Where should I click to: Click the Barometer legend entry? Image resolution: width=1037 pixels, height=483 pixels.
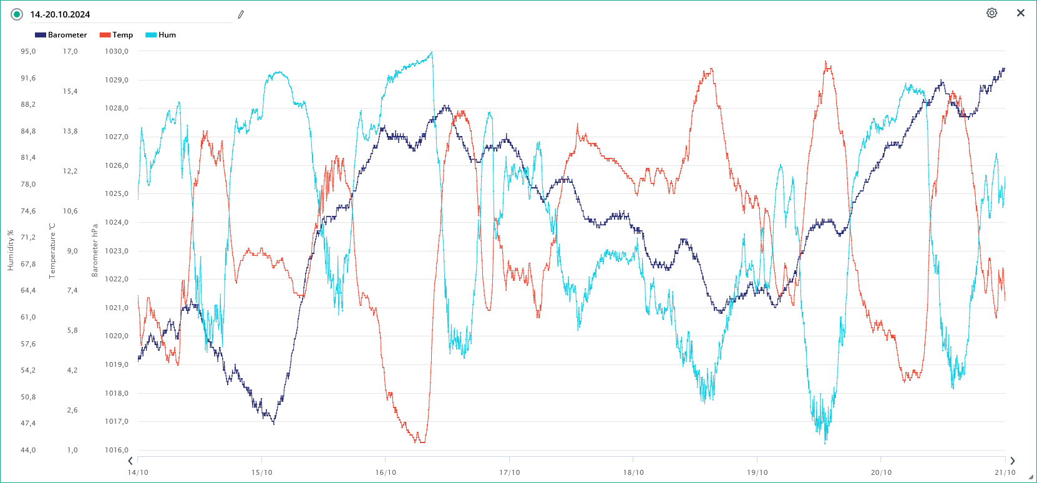point(61,35)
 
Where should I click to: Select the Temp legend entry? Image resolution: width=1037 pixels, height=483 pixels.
point(117,35)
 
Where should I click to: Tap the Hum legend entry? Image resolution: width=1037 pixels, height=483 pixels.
point(161,35)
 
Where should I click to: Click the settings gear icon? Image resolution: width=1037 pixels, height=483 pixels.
point(991,13)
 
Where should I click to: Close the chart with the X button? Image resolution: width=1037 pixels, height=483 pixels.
point(1021,13)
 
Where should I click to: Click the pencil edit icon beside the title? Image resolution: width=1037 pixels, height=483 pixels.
point(241,14)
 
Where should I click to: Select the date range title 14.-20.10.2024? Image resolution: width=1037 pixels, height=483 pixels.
point(60,14)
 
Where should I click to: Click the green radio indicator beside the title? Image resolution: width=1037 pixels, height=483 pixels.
point(17,14)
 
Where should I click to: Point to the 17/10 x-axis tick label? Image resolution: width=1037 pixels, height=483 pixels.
point(509,472)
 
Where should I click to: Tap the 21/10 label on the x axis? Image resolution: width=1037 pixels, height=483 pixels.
point(1005,472)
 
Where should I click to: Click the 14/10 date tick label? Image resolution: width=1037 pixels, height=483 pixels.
point(138,472)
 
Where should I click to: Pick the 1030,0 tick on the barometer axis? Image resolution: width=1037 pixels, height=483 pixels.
point(117,51)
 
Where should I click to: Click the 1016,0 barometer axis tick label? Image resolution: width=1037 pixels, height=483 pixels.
point(117,450)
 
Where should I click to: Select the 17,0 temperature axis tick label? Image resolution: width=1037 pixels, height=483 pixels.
point(70,51)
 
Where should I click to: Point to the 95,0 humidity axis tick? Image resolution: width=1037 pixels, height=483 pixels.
point(28,51)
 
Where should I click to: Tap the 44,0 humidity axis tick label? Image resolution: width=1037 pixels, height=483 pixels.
point(28,450)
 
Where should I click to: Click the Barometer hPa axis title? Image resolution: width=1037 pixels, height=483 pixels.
point(95,250)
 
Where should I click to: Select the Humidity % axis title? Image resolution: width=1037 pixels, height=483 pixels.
point(11,250)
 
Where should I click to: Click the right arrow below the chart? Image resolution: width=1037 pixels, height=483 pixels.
point(1012,461)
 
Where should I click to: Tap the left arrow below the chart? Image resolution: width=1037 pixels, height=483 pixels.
point(130,461)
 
